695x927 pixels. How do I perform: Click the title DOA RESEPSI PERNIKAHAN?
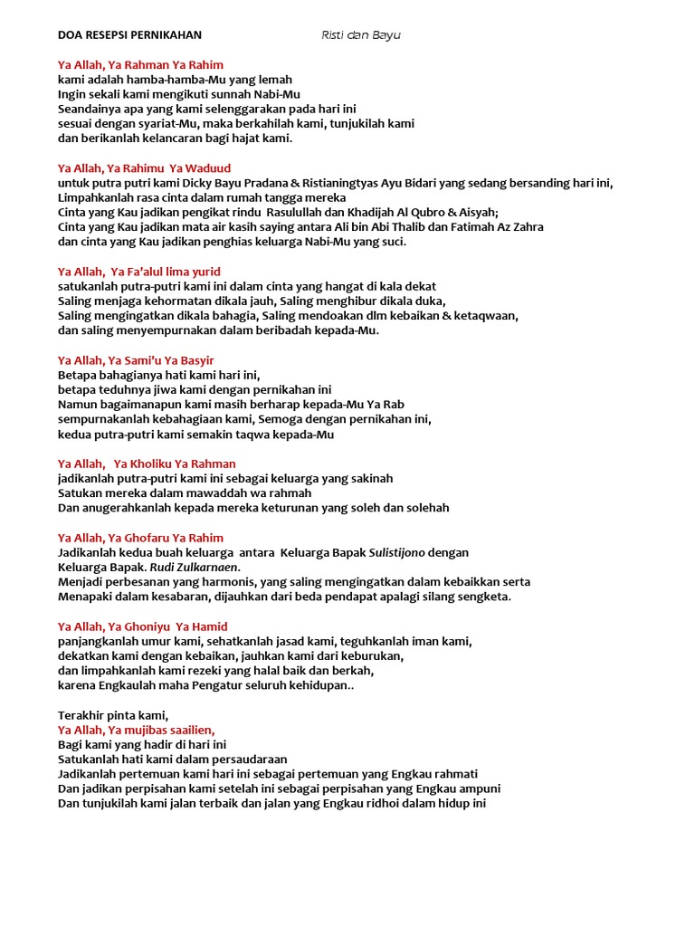[x=129, y=35]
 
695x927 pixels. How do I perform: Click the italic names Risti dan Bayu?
[x=360, y=35]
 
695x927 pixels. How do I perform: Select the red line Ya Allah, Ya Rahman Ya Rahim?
[x=140, y=65]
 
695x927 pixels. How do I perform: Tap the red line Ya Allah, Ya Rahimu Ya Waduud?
[x=144, y=167]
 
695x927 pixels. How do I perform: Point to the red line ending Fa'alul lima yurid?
[x=139, y=272]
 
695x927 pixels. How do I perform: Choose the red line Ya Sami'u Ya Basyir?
[x=136, y=360]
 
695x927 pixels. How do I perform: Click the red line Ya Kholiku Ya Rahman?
[x=147, y=463]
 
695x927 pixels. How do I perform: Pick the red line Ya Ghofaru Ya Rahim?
[x=140, y=538]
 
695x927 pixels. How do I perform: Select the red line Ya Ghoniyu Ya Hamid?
[x=143, y=626]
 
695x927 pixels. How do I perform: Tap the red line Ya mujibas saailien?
[x=137, y=730]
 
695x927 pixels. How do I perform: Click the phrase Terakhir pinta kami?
[x=113, y=715]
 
